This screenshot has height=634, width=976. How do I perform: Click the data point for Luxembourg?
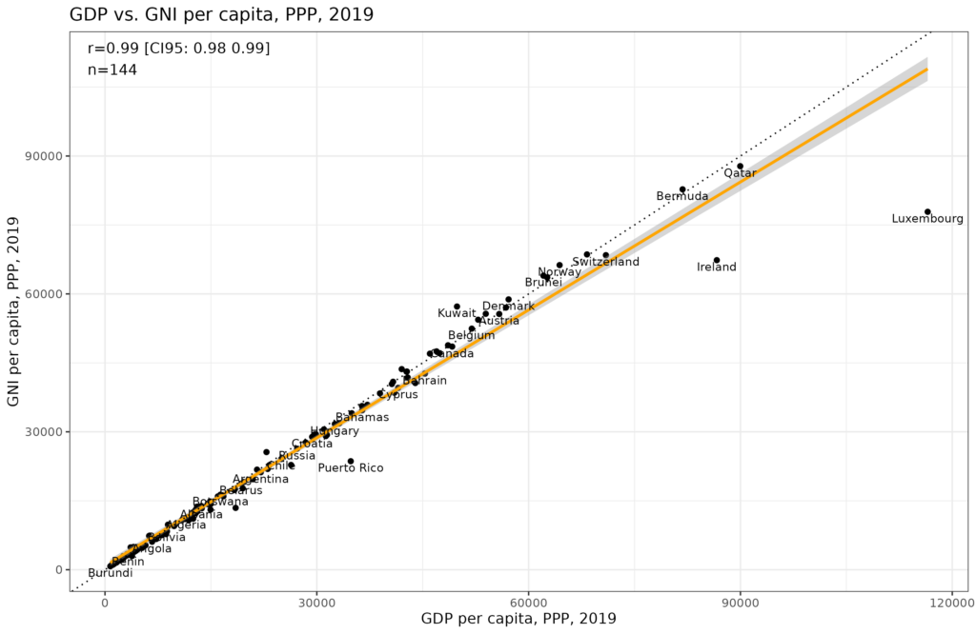(927, 211)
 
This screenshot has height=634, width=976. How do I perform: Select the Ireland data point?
(717, 260)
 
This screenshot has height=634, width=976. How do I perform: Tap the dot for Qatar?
(740, 167)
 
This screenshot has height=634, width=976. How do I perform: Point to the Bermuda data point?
(682, 189)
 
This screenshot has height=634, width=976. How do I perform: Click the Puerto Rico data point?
(351, 461)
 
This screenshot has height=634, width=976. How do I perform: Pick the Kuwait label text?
(457, 313)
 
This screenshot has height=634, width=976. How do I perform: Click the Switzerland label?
(605, 262)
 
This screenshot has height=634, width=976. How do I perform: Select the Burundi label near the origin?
(111, 573)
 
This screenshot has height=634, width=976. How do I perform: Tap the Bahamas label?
(361, 418)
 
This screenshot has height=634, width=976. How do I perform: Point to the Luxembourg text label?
(927, 219)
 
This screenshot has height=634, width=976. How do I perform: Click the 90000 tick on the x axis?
(740, 603)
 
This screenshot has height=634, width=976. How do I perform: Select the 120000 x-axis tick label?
(951, 603)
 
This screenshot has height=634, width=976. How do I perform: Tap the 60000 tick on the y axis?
(83, 294)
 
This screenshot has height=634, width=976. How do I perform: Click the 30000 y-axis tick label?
(83, 432)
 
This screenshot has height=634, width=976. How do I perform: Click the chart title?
(221, 15)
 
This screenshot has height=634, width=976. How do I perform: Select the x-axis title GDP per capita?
(518, 620)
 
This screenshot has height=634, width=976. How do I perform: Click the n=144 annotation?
(112, 69)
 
